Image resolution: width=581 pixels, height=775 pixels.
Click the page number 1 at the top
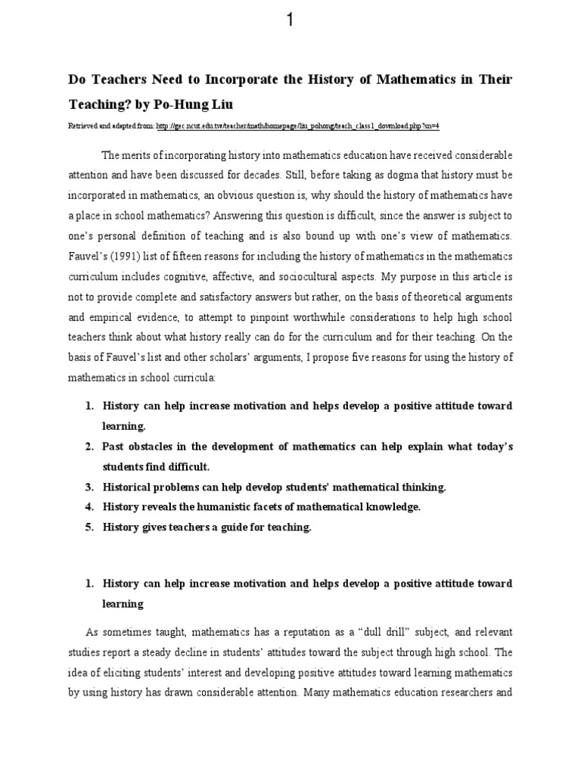pyautogui.click(x=290, y=20)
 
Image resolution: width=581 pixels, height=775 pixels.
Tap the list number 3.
pyautogui.click(x=88, y=486)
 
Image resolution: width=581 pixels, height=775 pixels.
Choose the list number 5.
pyautogui.click(x=88, y=528)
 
